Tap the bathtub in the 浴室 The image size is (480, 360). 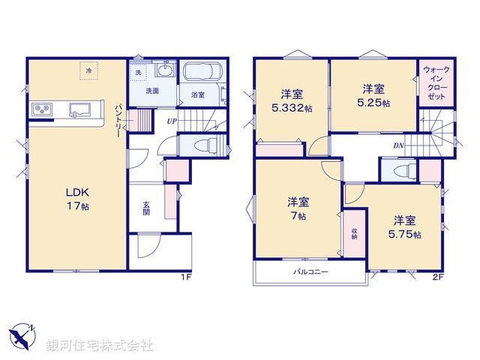coord(200,73)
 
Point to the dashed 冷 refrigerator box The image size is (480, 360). coord(89,70)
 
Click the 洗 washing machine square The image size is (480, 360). coord(139,72)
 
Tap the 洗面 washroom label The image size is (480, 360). coord(151,90)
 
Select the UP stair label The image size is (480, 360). coord(172,121)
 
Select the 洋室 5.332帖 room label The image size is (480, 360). coord(292,100)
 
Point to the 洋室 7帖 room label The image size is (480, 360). coord(298,208)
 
